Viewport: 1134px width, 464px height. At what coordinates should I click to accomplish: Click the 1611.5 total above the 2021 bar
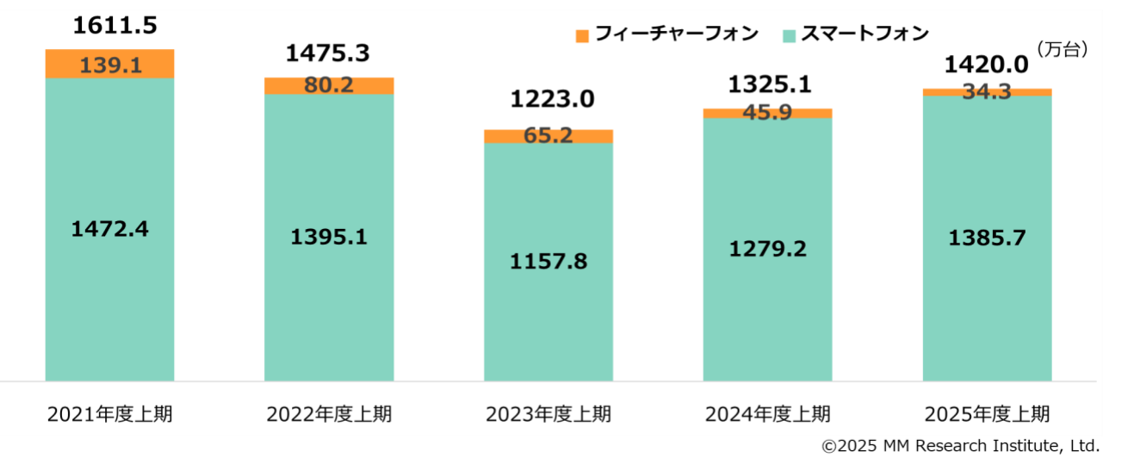click(115, 26)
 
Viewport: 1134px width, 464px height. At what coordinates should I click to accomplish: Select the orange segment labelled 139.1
click(110, 65)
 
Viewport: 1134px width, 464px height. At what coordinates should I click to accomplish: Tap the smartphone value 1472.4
click(109, 230)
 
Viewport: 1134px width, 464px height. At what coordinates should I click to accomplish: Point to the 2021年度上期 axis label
click(109, 414)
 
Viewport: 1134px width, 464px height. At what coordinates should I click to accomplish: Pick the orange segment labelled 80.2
click(329, 86)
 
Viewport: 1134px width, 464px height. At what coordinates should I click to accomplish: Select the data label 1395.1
click(329, 238)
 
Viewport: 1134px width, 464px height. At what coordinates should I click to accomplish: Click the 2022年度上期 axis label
click(329, 414)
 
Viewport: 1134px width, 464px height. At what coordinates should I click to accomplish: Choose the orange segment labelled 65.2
click(548, 136)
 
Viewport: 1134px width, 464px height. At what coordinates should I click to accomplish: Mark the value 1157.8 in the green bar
click(548, 261)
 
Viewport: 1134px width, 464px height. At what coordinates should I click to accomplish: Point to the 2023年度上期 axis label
click(548, 414)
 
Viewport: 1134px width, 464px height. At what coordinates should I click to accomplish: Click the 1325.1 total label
click(770, 84)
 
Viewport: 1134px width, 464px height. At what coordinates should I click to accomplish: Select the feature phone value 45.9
click(768, 113)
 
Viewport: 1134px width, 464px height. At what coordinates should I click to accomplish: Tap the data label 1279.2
click(768, 250)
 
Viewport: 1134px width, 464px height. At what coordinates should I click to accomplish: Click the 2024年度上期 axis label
click(768, 414)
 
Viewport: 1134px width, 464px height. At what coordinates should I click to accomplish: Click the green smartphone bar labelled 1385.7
click(987, 238)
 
